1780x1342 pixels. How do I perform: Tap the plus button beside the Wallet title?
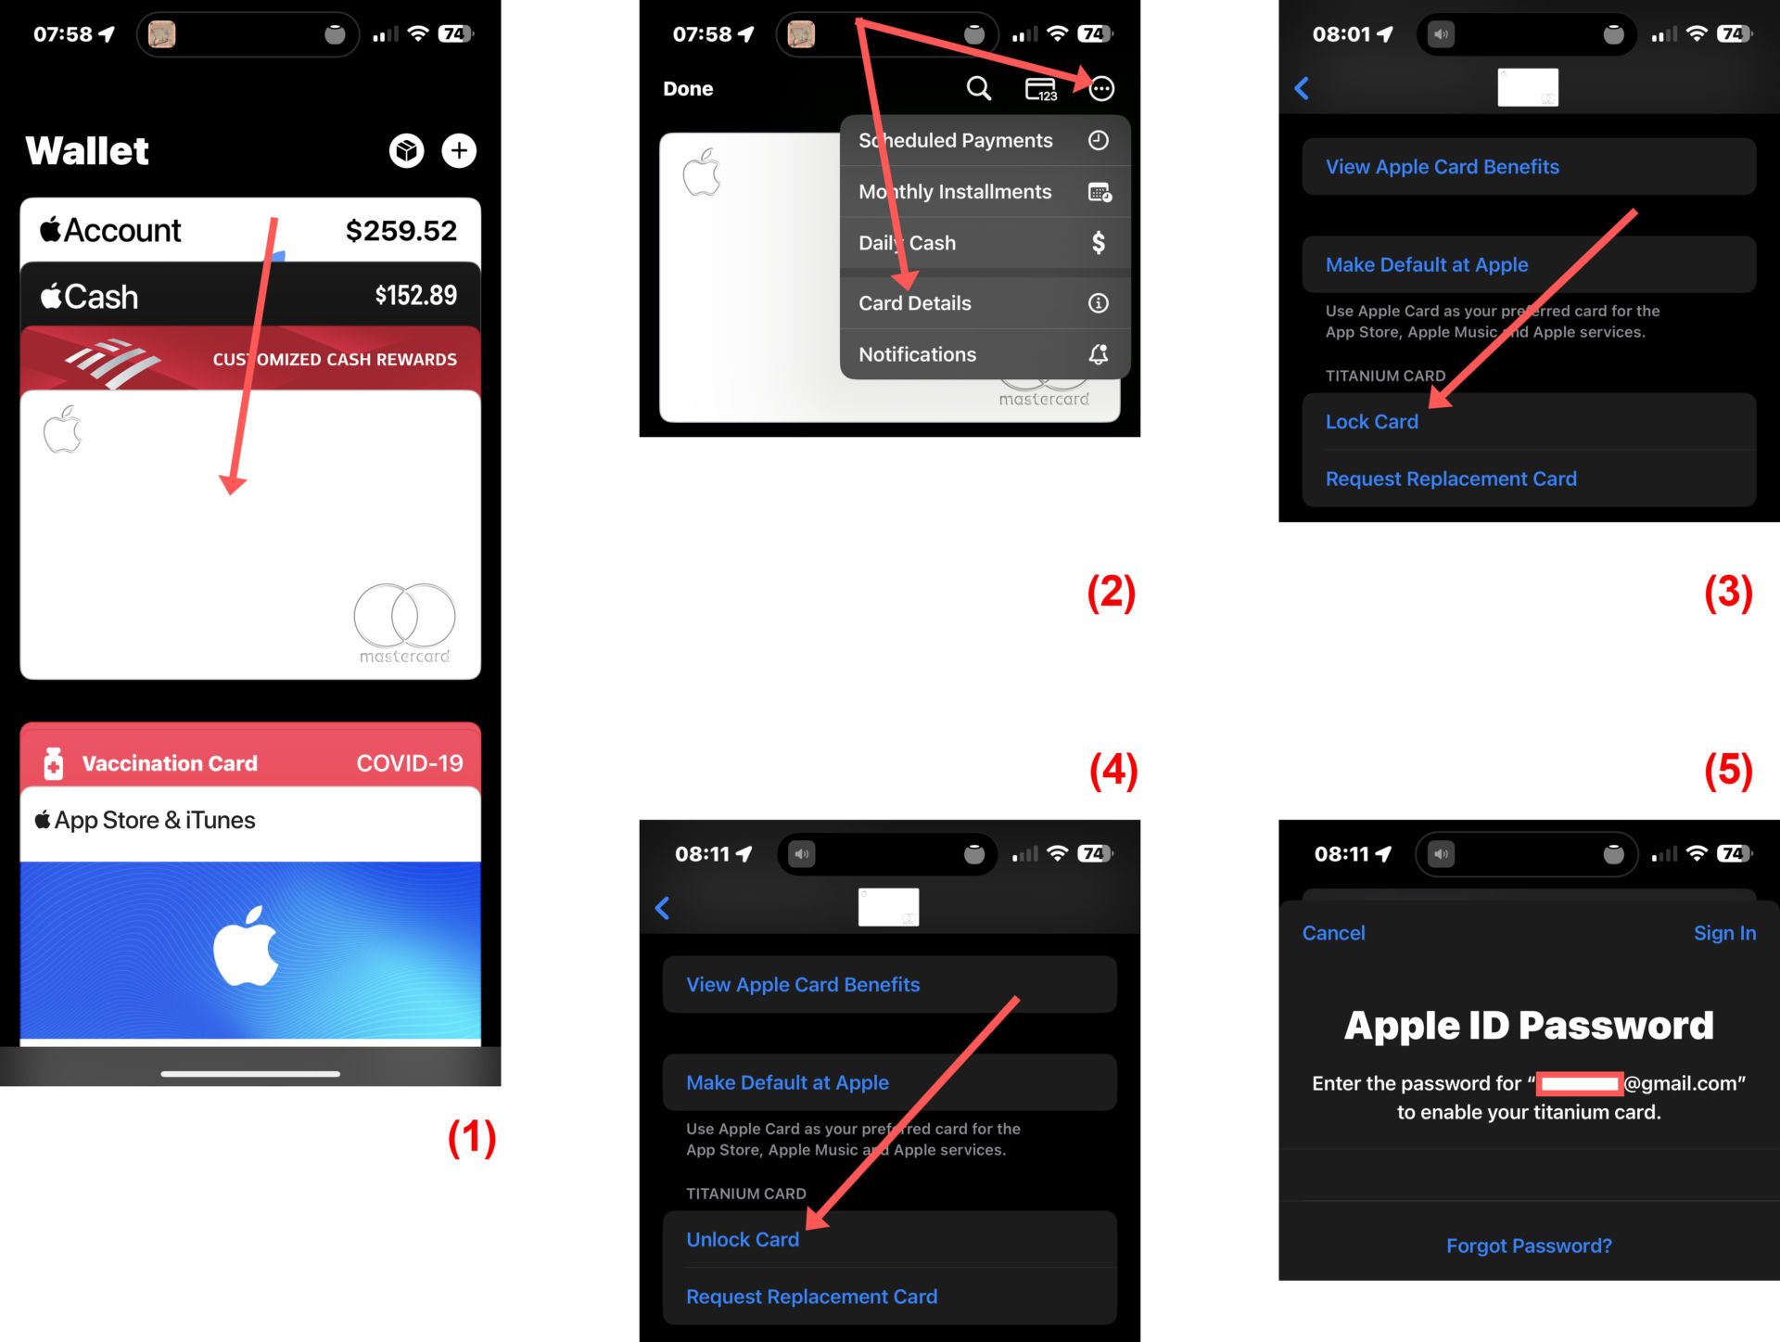click(x=459, y=150)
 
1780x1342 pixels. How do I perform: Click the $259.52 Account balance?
click(x=401, y=231)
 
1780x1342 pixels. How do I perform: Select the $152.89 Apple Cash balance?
click(x=416, y=296)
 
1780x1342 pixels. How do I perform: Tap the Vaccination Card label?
click(x=170, y=763)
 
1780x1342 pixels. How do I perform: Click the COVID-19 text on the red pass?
click(x=410, y=763)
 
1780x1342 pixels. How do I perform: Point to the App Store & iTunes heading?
click(x=145, y=820)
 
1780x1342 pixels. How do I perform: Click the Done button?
click(x=688, y=89)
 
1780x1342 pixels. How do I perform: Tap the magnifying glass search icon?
click(x=979, y=88)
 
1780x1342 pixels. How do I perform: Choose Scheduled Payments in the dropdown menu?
click(x=956, y=140)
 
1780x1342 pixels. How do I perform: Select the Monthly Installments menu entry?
click(x=955, y=192)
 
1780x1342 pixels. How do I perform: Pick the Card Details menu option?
click(x=915, y=303)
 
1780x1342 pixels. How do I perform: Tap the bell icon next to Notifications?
click(x=1099, y=354)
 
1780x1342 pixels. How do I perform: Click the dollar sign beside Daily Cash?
click(x=1099, y=243)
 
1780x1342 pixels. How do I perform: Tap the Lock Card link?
click(x=1372, y=422)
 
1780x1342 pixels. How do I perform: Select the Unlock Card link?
click(x=743, y=1240)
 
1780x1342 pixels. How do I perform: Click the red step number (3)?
click(x=1728, y=592)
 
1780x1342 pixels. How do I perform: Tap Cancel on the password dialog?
click(x=1333, y=933)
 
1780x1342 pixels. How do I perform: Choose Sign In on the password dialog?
click(x=1724, y=933)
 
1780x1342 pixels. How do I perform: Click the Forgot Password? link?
click(x=1529, y=1246)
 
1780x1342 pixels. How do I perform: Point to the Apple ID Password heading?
click(x=1529, y=1026)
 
